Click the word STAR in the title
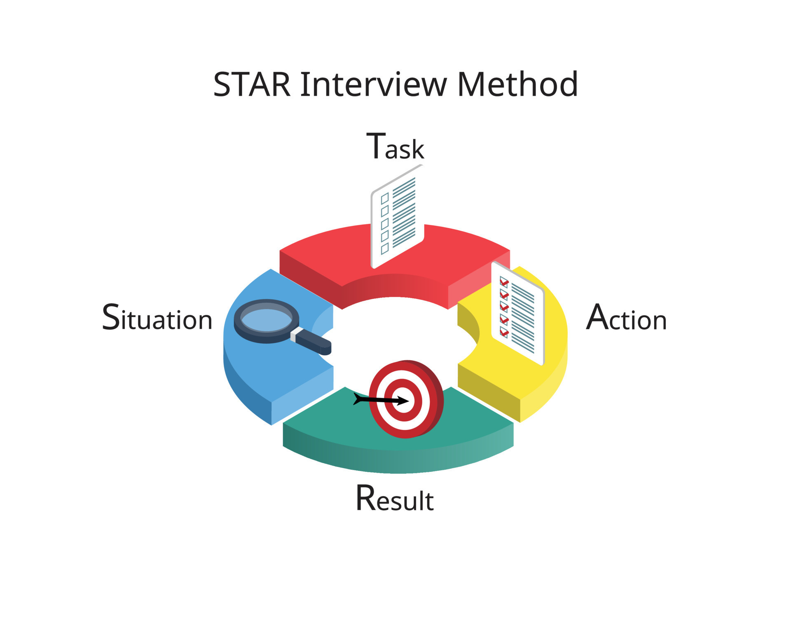click(252, 85)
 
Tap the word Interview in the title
click(373, 85)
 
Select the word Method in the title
click(517, 85)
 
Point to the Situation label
click(157, 318)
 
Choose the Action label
click(626, 318)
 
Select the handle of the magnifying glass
click(313, 341)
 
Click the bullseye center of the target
click(403, 401)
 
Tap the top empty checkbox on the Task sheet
click(385, 199)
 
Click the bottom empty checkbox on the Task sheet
click(385, 249)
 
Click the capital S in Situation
click(110, 317)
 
